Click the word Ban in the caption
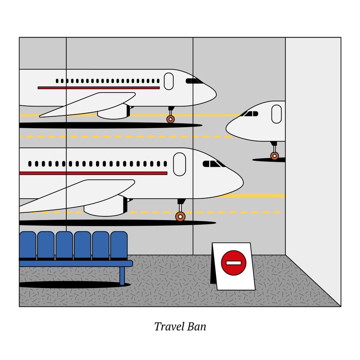coord(196,327)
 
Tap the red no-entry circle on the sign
coord(234,263)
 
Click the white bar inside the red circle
coord(234,263)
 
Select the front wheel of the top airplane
coord(170,119)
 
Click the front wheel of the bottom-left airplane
coord(180,216)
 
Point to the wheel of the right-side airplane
coord(274,156)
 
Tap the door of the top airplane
coord(169,81)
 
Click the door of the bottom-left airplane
coord(180,164)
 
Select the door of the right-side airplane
coord(276,114)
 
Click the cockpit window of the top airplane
coord(194,81)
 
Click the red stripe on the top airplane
coord(99,88)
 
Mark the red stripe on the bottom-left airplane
coord(93,173)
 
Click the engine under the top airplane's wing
coord(114,112)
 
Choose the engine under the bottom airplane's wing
coord(106,206)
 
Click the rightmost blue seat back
coord(119,245)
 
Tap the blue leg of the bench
coord(122,276)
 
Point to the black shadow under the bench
coord(75,285)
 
